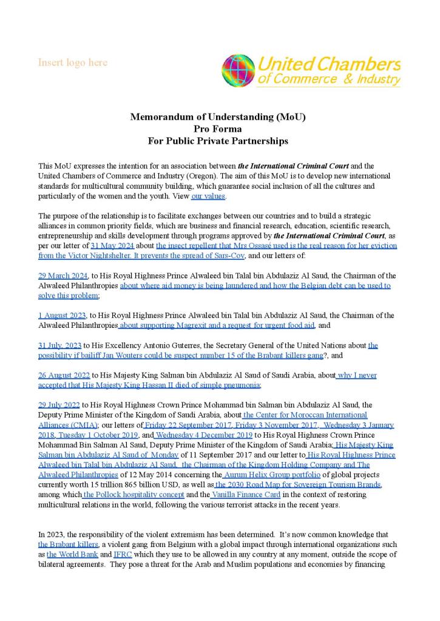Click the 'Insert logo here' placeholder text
[73, 63]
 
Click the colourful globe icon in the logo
[238, 70]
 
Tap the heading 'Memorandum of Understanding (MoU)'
[218, 117]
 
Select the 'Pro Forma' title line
[218, 129]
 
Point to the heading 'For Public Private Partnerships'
[218, 141]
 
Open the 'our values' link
[209, 196]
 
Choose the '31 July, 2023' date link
[60, 345]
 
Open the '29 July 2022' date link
[59, 405]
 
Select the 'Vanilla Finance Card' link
[246, 495]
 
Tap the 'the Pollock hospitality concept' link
[133, 495]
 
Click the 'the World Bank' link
[72, 554]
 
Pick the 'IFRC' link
[123, 554]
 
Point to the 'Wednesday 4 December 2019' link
[204, 435]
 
